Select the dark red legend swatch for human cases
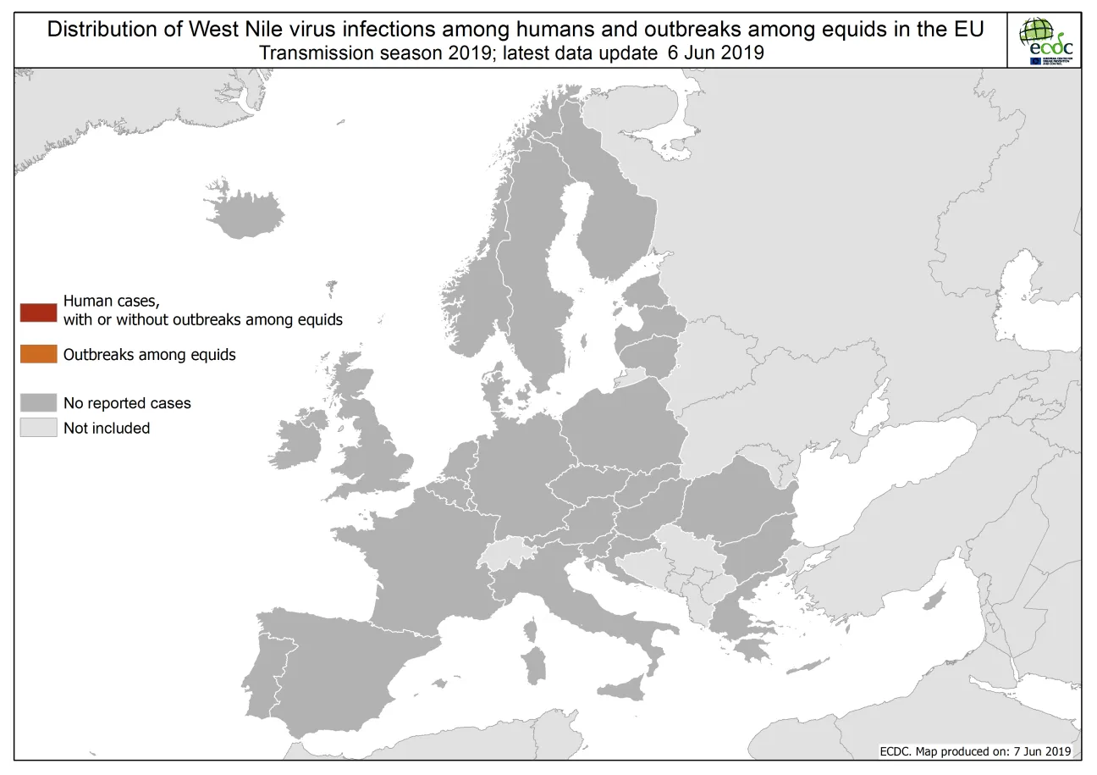point(38,311)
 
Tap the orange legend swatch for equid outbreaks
point(38,355)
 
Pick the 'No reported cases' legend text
point(127,403)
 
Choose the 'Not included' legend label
point(107,429)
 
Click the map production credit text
point(975,751)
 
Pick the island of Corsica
point(532,631)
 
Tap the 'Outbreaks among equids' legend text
point(149,355)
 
